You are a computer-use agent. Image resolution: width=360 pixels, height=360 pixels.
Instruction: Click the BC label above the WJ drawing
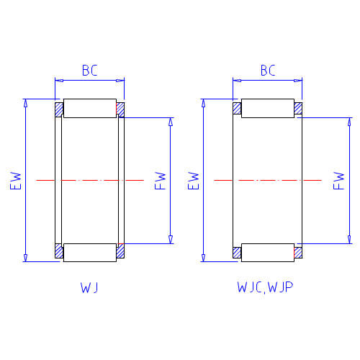pos(90,70)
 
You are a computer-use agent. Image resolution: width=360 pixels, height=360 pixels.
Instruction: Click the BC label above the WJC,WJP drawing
pos(268,70)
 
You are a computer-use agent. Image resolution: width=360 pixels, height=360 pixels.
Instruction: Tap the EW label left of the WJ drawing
pos(16,181)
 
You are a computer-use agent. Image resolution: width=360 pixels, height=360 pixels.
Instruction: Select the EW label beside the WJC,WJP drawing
pos(194,181)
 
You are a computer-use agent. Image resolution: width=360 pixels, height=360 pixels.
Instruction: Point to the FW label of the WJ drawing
pos(161,181)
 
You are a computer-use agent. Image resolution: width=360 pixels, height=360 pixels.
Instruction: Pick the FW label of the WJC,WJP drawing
pos(338,181)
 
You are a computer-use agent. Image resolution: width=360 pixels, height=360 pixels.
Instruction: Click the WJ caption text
pos(89,287)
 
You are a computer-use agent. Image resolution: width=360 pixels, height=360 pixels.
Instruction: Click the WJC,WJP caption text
pos(265,287)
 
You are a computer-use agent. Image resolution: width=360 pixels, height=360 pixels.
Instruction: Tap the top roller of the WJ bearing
pos(90,108)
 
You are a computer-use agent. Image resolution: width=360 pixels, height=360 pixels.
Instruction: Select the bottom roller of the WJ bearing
pos(90,253)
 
